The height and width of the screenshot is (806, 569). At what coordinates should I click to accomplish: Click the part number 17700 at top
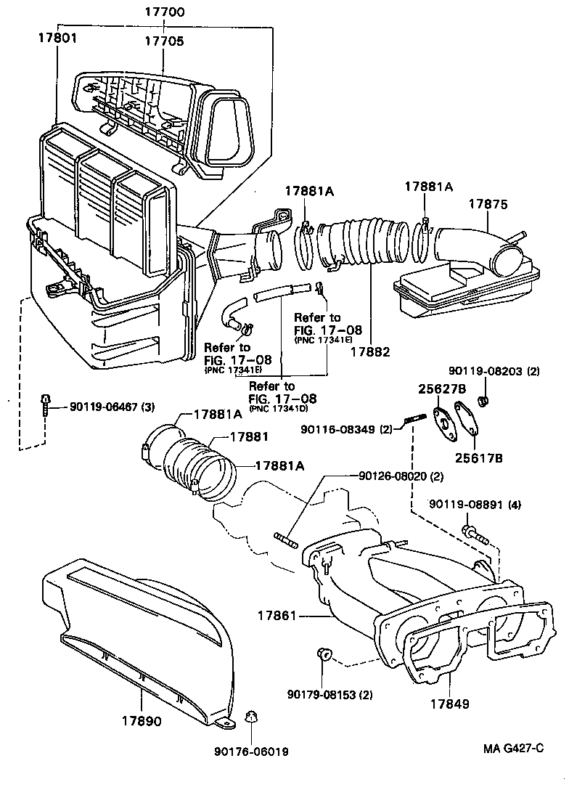click(x=164, y=12)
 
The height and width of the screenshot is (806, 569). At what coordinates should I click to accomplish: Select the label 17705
click(x=164, y=41)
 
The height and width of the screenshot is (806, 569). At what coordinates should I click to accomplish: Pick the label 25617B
click(x=480, y=458)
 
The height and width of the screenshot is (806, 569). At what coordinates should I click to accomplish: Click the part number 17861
click(x=277, y=616)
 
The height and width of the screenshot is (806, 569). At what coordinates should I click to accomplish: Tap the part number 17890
click(x=142, y=722)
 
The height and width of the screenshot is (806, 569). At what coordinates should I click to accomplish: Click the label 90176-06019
click(x=251, y=752)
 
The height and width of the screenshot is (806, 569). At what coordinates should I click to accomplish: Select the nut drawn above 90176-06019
click(x=251, y=717)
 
